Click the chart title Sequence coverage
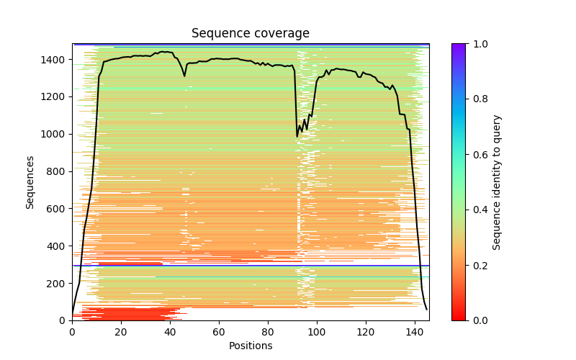[x=251, y=34]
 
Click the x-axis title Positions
[x=251, y=346]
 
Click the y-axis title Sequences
[x=30, y=181]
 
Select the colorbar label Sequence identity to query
[x=497, y=181]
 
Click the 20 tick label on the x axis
[x=121, y=332]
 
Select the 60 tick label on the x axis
[x=219, y=332]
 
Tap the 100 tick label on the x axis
[x=317, y=332]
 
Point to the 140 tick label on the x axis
[x=415, y=332]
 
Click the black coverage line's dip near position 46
[x=184, y=76]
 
